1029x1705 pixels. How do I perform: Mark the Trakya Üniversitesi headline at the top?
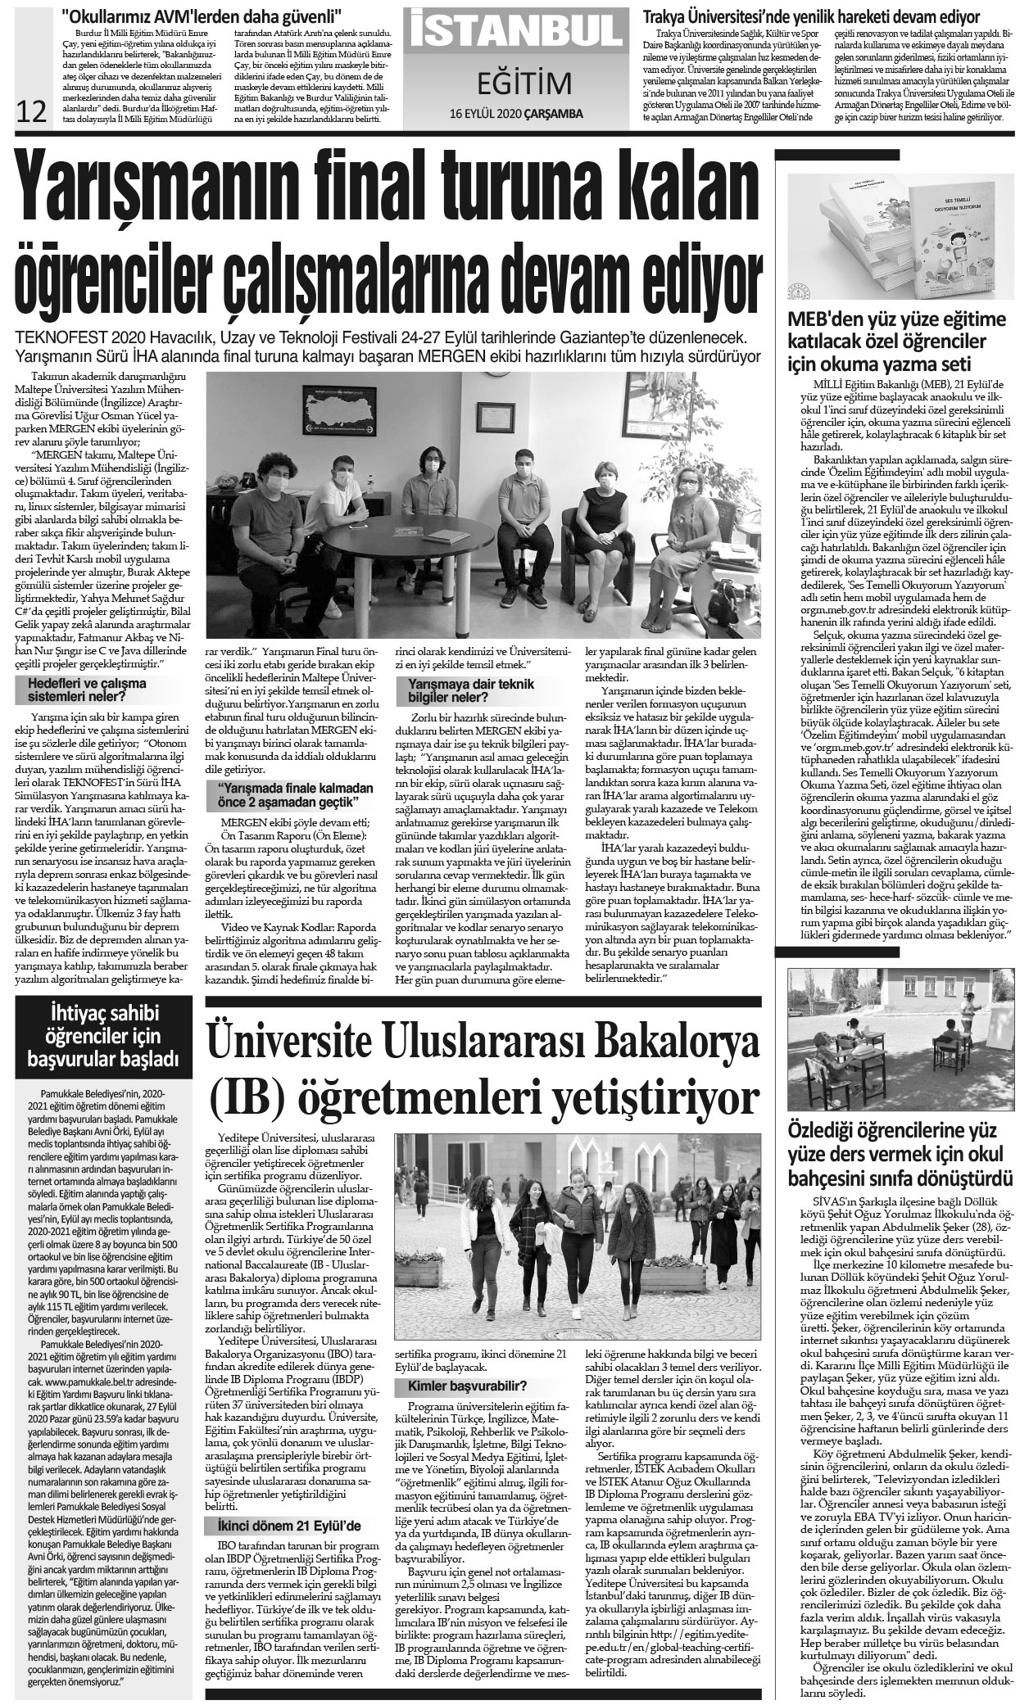[811, 16]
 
